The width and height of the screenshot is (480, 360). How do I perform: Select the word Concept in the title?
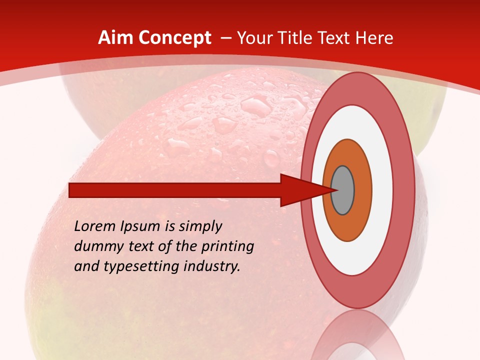click(174, 38)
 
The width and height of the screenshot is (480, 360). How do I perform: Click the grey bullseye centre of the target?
click(342, 190)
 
